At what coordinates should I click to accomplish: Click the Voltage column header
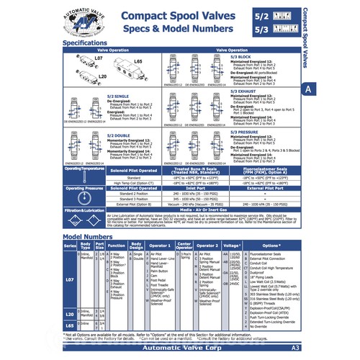point(230,246)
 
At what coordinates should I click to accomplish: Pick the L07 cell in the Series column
point(70,279)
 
